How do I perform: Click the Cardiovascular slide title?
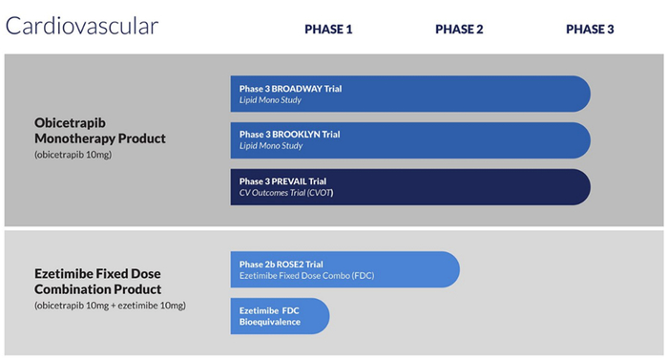coord(82,26)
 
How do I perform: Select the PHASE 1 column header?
coord(328,29)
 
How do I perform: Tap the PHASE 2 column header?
coord(459,29)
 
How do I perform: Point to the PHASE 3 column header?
coord(590,29)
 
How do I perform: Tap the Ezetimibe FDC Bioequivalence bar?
coord(280,316)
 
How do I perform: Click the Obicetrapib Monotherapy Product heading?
coord(99,131)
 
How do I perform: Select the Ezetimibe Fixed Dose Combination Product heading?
coord(97,281)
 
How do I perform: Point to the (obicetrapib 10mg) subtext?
coord(73,154)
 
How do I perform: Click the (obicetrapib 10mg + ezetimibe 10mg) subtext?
coord(110,305)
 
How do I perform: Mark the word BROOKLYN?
coord(304,135)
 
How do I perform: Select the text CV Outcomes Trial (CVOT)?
coord(286,193)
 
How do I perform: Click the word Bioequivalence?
coord(269,322)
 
